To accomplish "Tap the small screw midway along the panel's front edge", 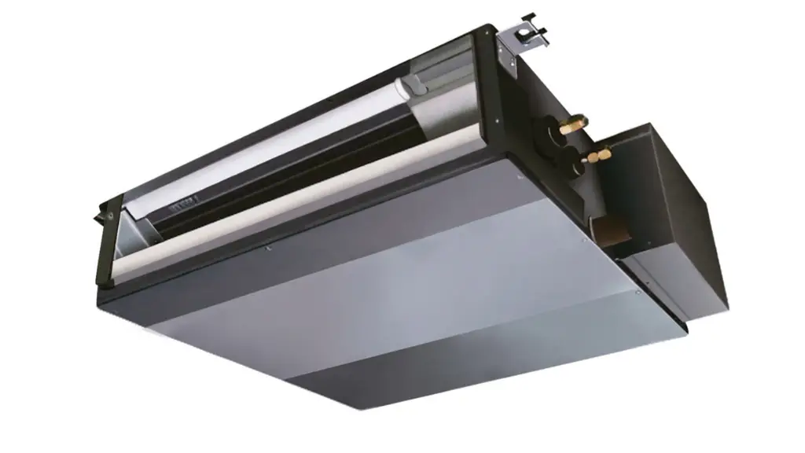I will coord(270,250).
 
